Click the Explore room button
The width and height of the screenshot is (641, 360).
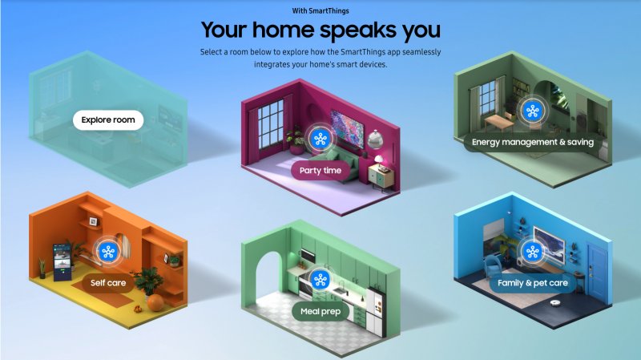[x=108, y=120]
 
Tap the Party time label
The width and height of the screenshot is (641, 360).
[x=320, y=170]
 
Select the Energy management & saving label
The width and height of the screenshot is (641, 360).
[x=532, y=142]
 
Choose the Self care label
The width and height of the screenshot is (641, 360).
[x=108, y=282]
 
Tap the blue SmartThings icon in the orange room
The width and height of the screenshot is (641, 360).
[x=108, y=251]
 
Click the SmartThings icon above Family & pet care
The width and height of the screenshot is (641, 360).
[x=530, y=253]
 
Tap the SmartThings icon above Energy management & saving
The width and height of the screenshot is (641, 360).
[x=531, y=111]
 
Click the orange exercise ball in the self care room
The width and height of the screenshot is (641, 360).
[x=155, y=301]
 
